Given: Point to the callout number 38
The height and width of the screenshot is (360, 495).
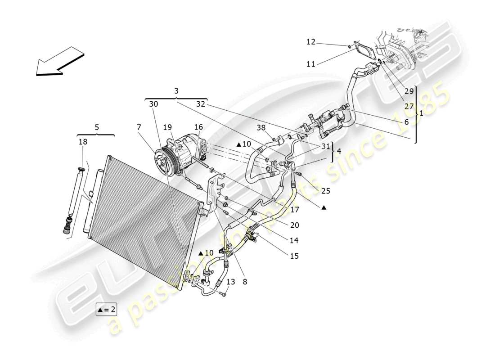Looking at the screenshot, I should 261,127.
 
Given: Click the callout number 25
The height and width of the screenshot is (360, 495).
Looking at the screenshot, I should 326,191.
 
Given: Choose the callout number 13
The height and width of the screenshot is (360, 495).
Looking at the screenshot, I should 231,282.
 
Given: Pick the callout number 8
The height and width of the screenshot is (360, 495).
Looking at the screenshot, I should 245,282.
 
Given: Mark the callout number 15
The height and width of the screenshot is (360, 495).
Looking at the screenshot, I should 294,256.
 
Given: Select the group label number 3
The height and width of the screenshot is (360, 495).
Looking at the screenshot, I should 176,91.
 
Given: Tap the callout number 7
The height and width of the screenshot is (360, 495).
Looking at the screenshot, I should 139,128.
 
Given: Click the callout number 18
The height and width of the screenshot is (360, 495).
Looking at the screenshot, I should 83,142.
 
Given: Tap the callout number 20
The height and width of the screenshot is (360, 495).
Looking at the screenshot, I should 294,225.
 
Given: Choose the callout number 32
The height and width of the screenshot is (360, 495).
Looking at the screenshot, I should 201,103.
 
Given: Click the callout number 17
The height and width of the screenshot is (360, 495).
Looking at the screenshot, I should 294,209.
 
